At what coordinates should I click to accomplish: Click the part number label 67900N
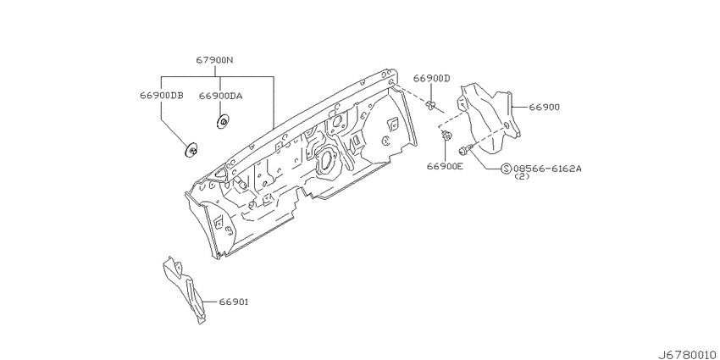tap(215, 60)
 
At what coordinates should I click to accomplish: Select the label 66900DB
tap(162, 96)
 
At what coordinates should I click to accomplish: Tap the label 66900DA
tap(221, 96)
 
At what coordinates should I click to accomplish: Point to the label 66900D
tap(432, 79)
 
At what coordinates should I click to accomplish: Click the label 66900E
tap(445, 166)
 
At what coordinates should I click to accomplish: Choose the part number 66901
tap(233, 302)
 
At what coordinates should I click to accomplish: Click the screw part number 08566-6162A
tap(547, 169)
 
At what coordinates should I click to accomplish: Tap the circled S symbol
tap(506, 169)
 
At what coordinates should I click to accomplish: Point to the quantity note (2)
tap(522, 176)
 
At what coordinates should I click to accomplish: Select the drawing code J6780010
tap(688, 355)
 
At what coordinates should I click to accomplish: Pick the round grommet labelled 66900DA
tap(223, 122)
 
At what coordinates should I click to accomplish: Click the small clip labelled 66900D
tap(430, 105)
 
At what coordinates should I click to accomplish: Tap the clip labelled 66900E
tap(446, 136)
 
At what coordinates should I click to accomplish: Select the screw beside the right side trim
tap(464, 149)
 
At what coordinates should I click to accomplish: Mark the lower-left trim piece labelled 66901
tap(185, 291)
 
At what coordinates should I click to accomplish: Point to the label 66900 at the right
tap(544, 107)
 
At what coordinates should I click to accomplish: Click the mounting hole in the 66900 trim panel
tap(506, 125)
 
